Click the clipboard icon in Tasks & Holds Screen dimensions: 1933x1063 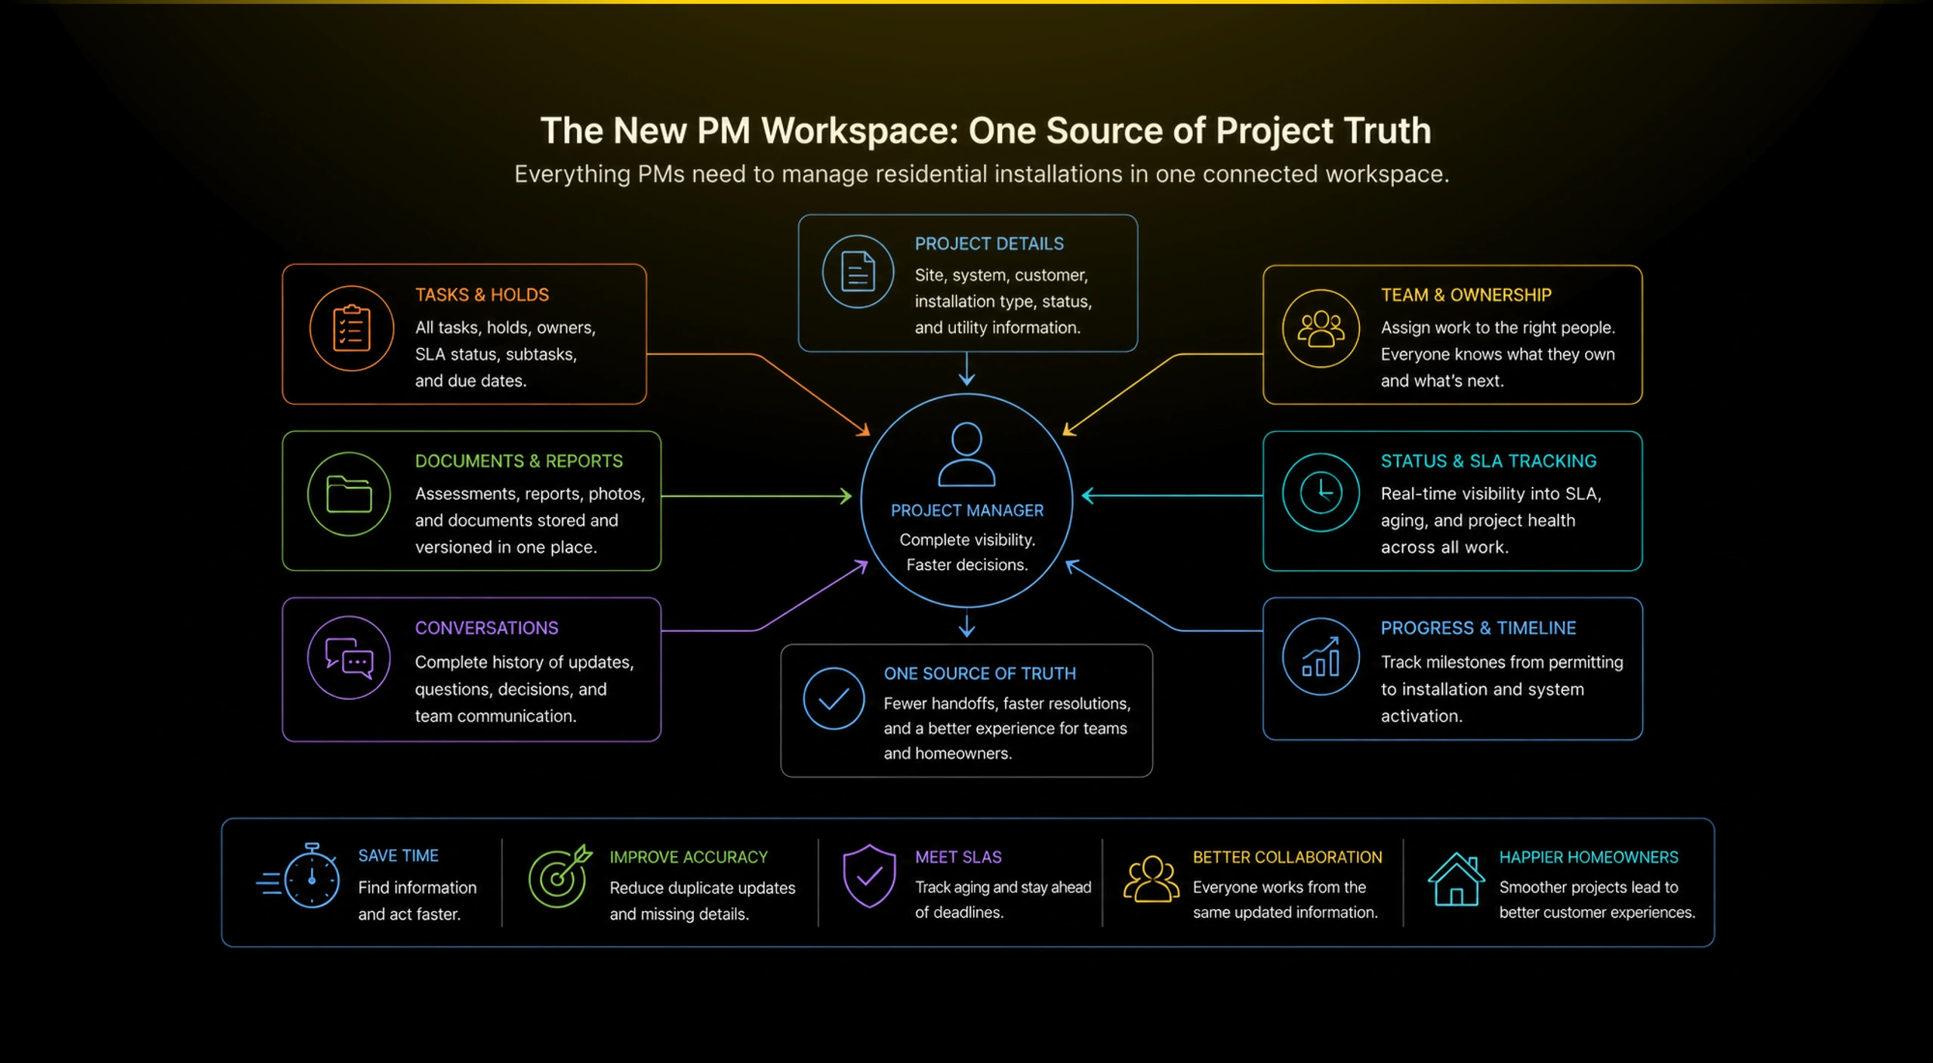pos(351,328)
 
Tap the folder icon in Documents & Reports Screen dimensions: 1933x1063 pos(349,495)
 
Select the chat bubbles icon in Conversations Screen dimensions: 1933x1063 pos(349,658)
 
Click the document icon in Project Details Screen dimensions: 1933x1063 pos(858,272)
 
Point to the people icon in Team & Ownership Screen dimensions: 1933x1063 pos(1321,329)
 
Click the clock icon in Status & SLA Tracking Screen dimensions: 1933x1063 pos(1321,493)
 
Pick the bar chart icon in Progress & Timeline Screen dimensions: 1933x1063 pos(1321,657)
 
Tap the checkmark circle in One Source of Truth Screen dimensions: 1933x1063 pos(834,698)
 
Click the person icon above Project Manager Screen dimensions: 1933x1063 pos(966,454)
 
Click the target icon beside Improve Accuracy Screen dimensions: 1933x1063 pos(560,877)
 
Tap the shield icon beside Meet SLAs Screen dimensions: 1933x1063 pos(869,876)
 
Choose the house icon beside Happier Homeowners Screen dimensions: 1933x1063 pos(1456,878)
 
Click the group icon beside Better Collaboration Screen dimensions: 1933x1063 pos(1151,879)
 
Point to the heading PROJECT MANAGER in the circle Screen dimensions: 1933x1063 pos(967,511)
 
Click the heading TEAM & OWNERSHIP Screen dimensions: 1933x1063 pos(1466,295)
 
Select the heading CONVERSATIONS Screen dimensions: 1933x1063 pos(487,628)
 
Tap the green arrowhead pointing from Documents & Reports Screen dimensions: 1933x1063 pos(846,496)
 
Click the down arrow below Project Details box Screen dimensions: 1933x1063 pos(967,369)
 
